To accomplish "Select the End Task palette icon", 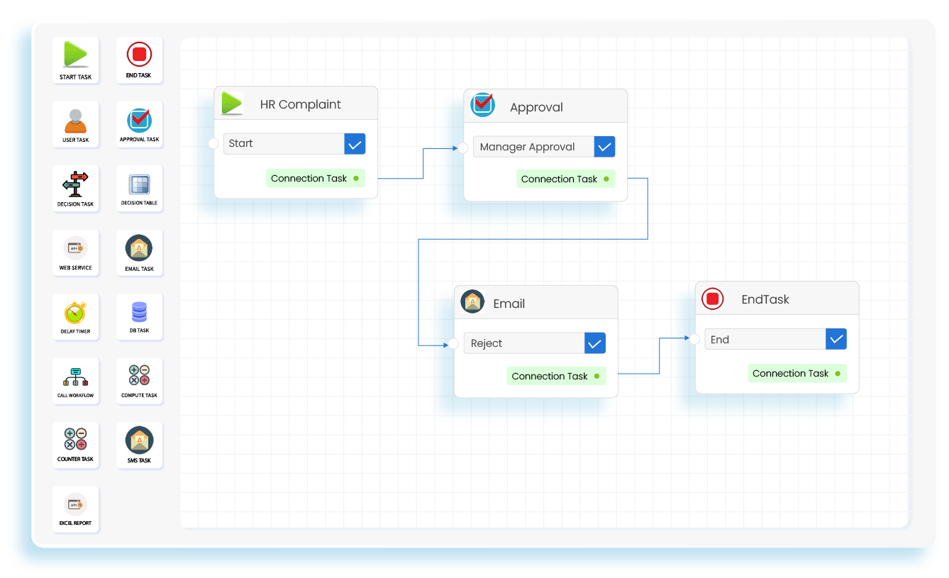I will click(x=139, y=54).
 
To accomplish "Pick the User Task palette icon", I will click(x=75, y=121).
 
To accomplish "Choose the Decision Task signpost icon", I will click(x=75, y=184).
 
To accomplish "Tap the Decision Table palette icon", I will click(x=139, y=184).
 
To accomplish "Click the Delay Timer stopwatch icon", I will click(x=75, y=313).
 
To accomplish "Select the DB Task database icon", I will click(x=139, y=311).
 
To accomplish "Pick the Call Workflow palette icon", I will click(x=75, y=377).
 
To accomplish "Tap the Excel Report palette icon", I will click(x=75, y=505).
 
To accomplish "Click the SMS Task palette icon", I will click(x=139, y=440).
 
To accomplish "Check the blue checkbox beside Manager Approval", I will click(x=604, y=147).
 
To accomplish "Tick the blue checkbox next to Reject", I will click(x=595, y=343).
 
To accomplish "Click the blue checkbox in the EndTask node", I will click(x=836, y=339).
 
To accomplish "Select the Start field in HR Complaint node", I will click(x=284, y=143).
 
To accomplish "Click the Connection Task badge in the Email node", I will click(x=556, y=376).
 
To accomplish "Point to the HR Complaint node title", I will click(x=300, y=104).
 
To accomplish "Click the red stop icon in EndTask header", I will click(x=713, y=299).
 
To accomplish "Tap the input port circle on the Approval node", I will click(x=462, y=148).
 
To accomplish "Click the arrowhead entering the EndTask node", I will click(x=687, y=339).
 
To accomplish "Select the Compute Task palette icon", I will click(x=139, y=375).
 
